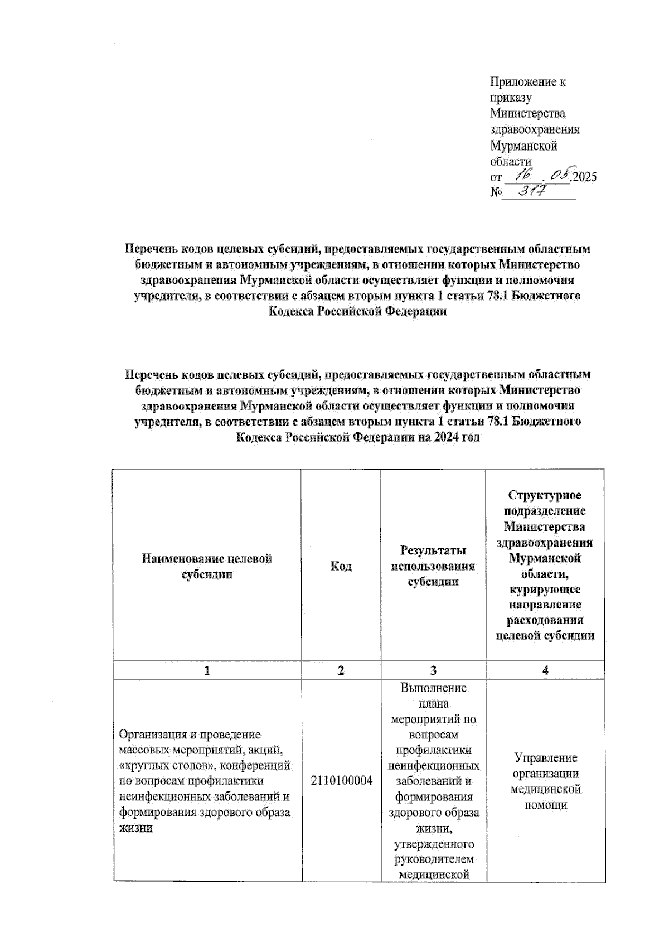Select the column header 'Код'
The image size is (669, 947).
[341, 566]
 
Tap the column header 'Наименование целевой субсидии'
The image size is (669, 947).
[207, 566]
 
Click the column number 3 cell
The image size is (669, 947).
[433, 670]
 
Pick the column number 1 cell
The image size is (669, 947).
[207, 670]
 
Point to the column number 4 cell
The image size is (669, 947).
[545, 670]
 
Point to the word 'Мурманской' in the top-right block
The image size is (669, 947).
[523, 146]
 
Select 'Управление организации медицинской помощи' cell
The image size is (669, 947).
[545, 781]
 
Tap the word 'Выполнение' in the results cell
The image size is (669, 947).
[433, 688]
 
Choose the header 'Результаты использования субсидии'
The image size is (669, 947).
[433, 566]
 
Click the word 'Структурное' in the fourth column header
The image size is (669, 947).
[545, 495]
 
